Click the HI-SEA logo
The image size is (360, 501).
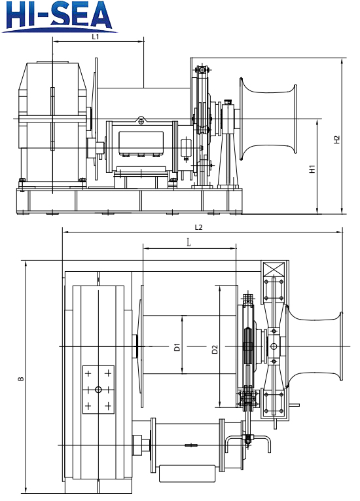pos(60,16)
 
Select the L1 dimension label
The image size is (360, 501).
pos(96,37)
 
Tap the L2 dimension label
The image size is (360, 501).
pos(198,227)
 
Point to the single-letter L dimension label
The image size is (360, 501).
pos(189,243)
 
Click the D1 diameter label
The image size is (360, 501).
pos(177,348)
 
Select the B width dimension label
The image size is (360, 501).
pos(22,379)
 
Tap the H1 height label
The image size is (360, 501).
pos(313,168)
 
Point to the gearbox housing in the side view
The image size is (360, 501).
pos(51,118)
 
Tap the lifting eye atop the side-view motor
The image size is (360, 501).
pos(141,121)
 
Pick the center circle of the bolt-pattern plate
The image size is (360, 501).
pos(98,390)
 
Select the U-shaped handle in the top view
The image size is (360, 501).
pos(255,445)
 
